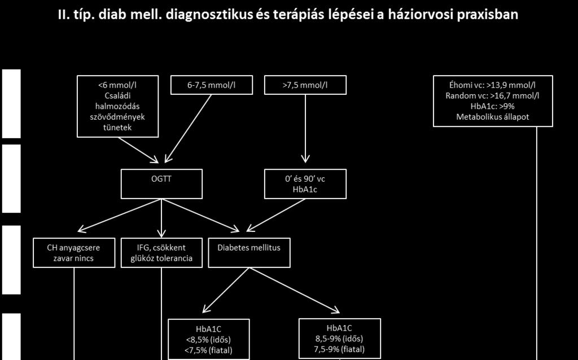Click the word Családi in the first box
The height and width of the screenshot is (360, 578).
pyautogui.click(x=117, y=95)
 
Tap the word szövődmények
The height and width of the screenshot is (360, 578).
pyautogui.click(x=117, y=117)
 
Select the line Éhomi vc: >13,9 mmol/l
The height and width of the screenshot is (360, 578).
pyautogui.click(x=492, y=85)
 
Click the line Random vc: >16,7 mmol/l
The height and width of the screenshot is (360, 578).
pyautogui.click(x=492, y=96)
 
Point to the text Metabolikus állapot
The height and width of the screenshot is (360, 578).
pyautogui.click(x=492, y=117)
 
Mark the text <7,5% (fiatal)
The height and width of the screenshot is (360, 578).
pyautogui.click(x=209, y=350)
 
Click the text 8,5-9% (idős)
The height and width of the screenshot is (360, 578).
pyautogui.click(x=339, y=339)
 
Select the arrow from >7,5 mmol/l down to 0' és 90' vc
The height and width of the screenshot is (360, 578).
pyautogui.click(x=305, y=129)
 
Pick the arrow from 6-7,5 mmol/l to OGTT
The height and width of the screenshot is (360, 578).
pyautogui.click(x=188, y=129)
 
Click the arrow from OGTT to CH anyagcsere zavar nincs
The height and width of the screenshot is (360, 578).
pyautogui.click(x=120, y=216)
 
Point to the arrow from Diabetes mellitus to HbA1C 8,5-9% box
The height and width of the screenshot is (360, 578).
pyautogui.click(x=295, y=291)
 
